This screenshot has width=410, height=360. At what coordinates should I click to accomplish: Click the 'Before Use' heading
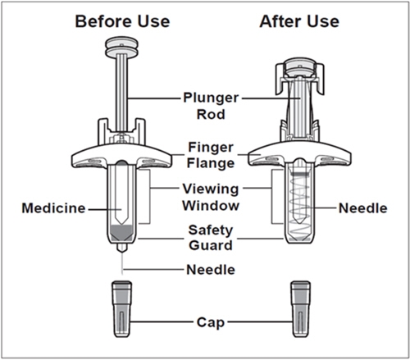click(122, 21)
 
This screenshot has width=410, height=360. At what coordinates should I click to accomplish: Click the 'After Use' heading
click(299, 21)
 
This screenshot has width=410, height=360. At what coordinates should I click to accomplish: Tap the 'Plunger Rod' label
click(211, 106)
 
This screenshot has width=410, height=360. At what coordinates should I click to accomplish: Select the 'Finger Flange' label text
click(211, 155)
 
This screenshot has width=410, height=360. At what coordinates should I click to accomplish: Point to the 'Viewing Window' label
click(211, 198)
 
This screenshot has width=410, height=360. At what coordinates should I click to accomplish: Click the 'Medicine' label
click(53, 208)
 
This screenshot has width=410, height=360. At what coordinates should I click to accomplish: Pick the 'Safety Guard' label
click(211, 238)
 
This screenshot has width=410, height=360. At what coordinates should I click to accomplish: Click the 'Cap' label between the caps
click(211, 322)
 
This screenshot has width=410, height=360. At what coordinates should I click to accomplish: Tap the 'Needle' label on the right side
click(363, 208)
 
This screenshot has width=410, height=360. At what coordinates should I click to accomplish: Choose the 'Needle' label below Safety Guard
click(211, 270)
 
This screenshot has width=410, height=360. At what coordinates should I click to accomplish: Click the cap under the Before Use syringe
click(122, 309)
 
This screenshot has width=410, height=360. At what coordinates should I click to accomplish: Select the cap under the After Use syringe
click(301, 309)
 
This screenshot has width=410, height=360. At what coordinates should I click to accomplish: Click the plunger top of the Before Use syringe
click(121, 48)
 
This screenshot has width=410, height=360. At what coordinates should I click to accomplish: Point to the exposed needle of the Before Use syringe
click(122, 263)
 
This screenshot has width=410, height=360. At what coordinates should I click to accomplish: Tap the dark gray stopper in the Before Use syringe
click(122, 233)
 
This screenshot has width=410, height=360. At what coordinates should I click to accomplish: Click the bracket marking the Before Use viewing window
click(150, 197)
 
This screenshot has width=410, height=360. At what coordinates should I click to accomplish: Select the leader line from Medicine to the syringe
click(105, 210)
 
